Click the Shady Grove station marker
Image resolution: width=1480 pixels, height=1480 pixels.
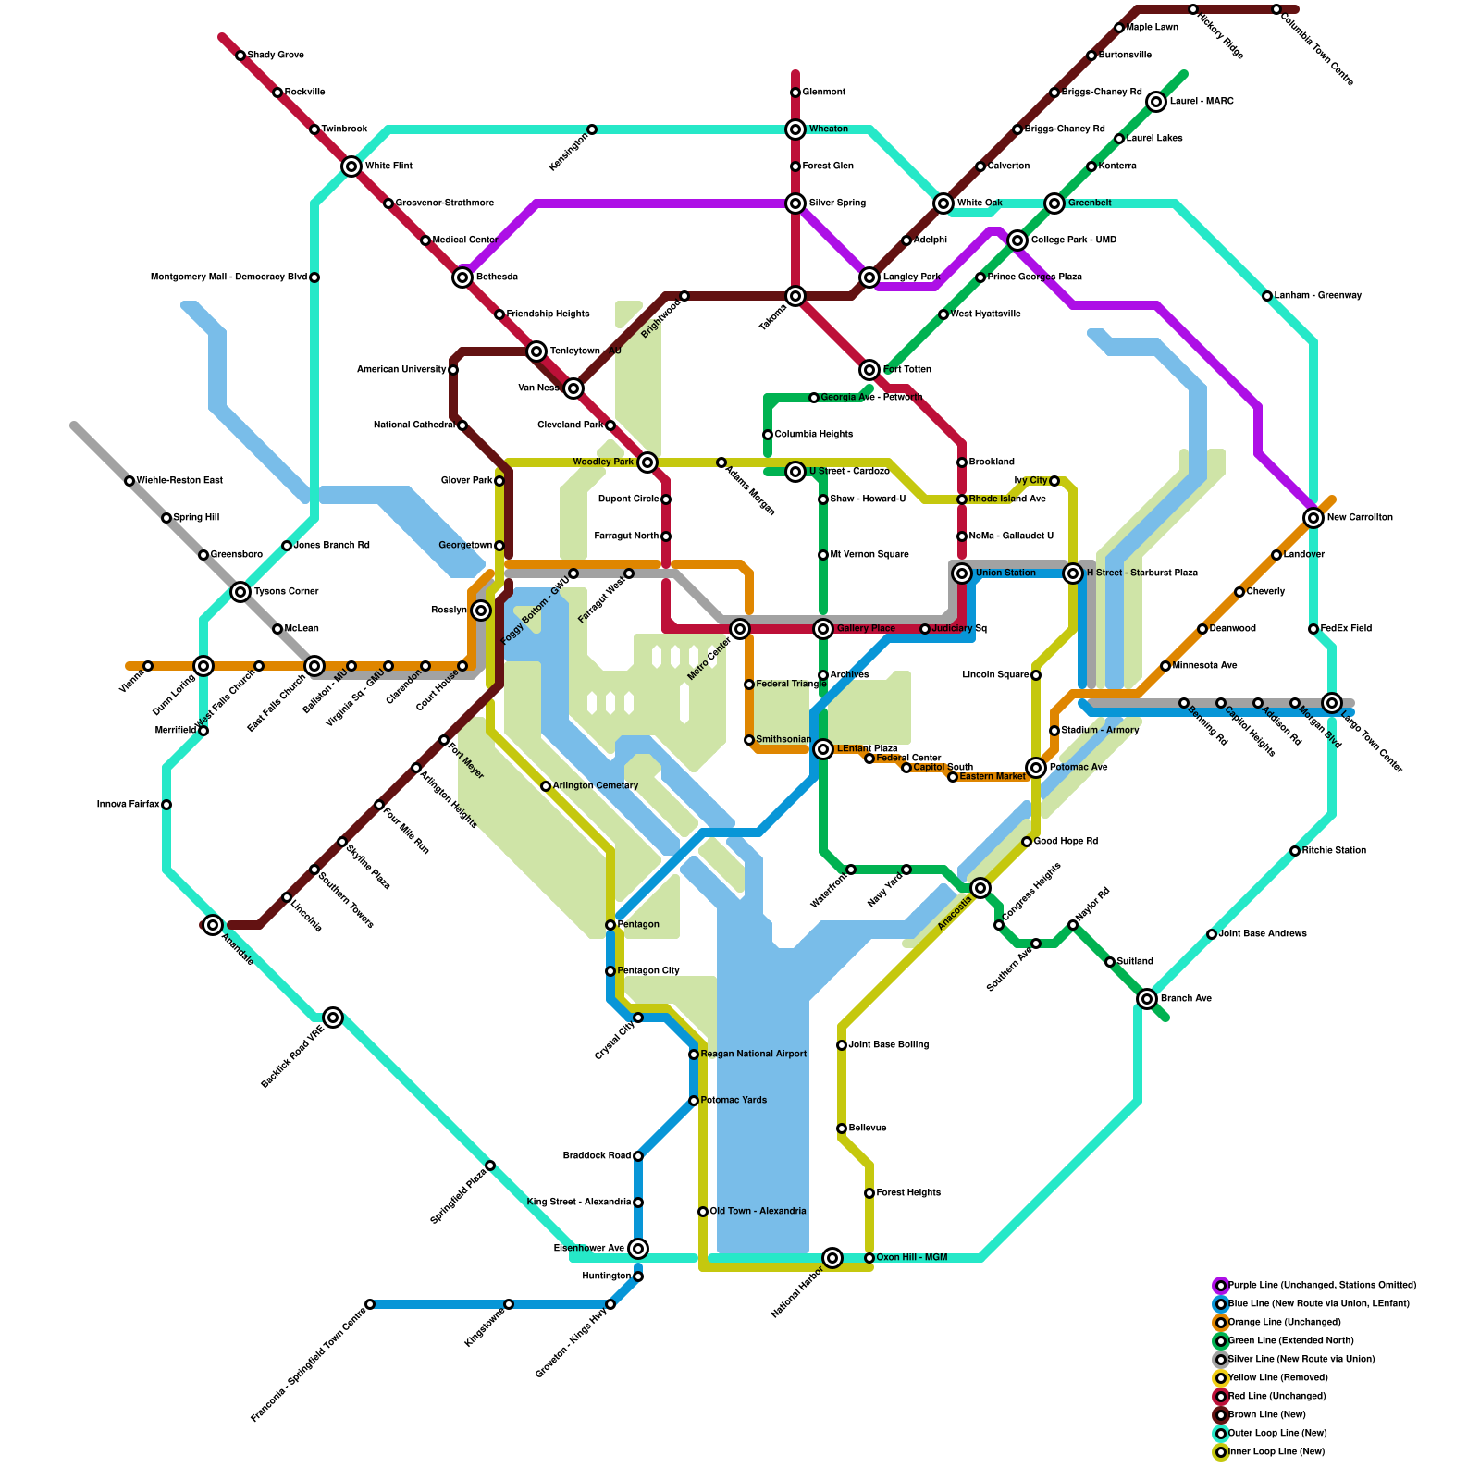tap(240, 55)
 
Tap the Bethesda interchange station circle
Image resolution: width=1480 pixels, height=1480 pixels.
tap(463, 277)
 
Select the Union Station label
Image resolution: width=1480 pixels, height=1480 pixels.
tap(1005, 573)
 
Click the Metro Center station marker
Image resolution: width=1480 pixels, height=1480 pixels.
tap(740, 629)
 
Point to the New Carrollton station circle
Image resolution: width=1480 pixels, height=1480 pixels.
tap(1313, 518)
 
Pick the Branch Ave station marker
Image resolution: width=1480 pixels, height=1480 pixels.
tap(1147, 999)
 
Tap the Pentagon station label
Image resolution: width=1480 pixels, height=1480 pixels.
tap(638, 925)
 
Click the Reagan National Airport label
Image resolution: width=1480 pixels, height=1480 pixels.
tap(753, 1054)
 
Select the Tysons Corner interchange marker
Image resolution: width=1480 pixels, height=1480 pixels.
tap(240, 592)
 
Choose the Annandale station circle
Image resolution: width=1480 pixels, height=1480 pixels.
tap(213, 925)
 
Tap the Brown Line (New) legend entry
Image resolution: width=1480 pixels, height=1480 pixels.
tap(1266, 1415)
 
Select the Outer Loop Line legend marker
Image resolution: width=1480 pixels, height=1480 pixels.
tap(1221, 1434)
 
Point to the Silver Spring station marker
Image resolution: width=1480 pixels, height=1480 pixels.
tap(795, 203)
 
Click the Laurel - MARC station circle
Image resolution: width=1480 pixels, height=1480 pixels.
tap(1156, 102)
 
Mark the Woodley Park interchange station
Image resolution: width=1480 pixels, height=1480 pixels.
tap(647, 462)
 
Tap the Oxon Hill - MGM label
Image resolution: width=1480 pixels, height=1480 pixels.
tap(911, 1258)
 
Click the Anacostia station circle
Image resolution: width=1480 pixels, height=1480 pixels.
tap(980, 888)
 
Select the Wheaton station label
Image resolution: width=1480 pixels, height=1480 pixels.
tap(828, 129)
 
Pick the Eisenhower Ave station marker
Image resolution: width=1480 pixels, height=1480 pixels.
tap(638, 1249)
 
